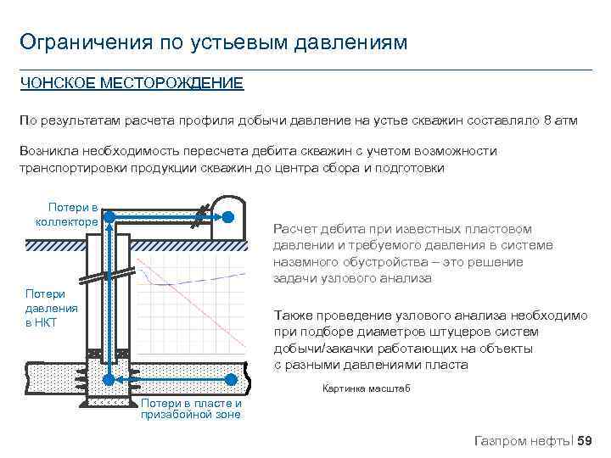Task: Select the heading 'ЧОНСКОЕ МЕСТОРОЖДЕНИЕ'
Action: [x=132, y=83]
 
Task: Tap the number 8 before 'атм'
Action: [x=547, y=121]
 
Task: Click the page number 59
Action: [x=585, y=439]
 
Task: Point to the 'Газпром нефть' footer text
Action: [x=523, y=439]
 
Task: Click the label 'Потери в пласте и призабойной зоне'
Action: [x=191, y=409]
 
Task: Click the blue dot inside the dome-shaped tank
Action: [x=228, y=217]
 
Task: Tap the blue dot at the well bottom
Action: [x=109, y=379]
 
